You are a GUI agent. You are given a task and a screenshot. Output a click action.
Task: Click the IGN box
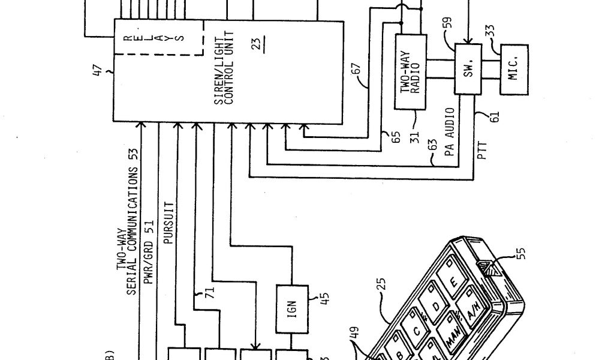292,312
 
